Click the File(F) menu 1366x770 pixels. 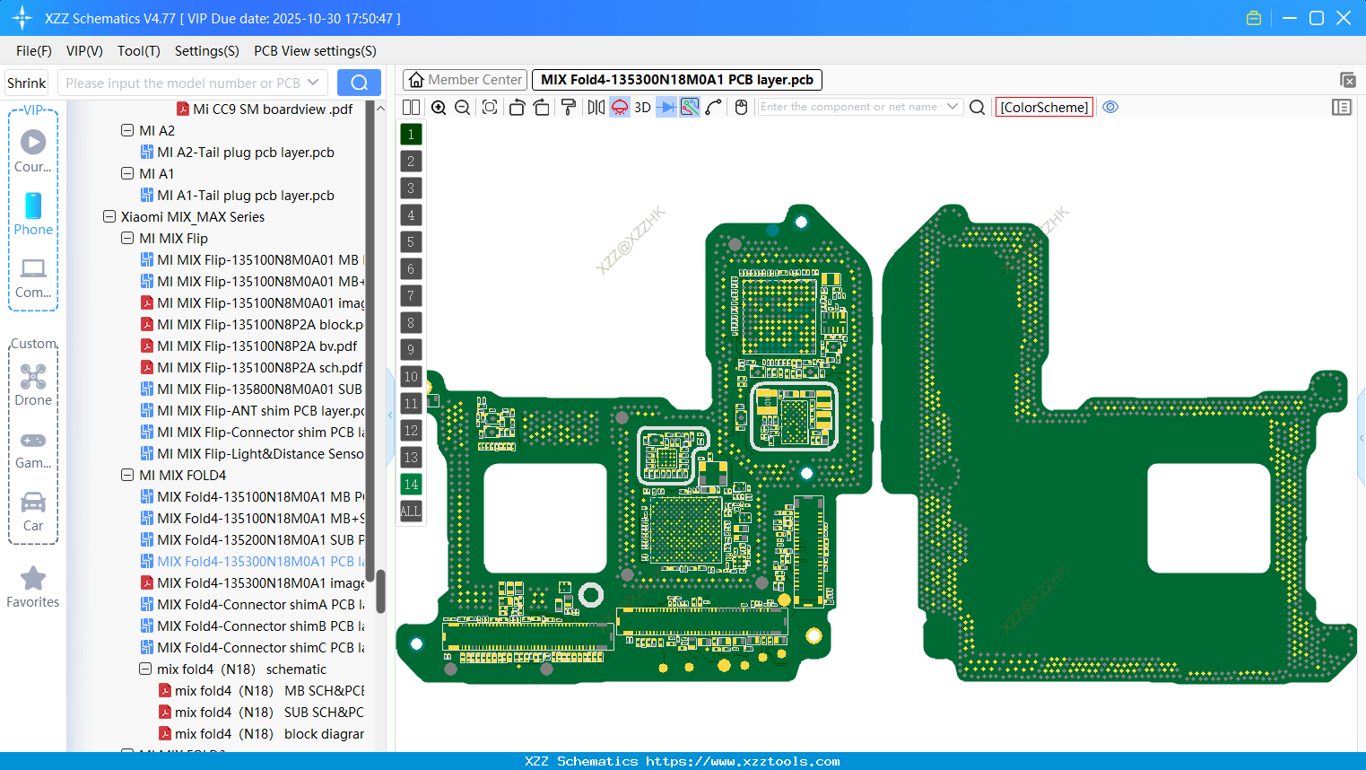34,51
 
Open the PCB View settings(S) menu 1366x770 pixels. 315,51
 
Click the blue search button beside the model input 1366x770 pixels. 359,83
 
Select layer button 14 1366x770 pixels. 411,485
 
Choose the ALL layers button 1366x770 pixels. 411,512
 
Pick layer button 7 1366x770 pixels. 411,296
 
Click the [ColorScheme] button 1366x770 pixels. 1044,107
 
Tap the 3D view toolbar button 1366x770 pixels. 642,107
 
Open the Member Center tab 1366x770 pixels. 465,80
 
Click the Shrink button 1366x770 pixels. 27,83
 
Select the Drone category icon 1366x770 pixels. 33,377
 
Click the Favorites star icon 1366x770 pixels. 33,579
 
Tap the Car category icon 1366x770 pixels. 33,503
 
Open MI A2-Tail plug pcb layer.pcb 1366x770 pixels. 245,153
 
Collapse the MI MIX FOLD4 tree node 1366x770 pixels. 127,476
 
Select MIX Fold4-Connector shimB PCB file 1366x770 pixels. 260,626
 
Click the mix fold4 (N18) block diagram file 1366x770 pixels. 269,734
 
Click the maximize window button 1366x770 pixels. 1317,18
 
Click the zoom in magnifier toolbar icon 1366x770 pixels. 439,108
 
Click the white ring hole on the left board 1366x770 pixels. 591,594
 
